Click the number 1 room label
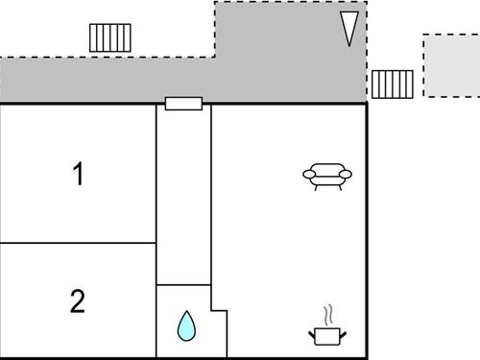click(78, 175)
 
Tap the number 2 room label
click(78, 301)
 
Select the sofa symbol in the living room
click(327, 175)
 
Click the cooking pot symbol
click(327, 335)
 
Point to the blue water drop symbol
click(184, 327)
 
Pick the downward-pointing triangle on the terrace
click(350, 29)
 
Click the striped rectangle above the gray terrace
click(109, 37)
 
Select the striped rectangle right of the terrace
click(393, 84)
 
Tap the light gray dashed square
click(450, 65)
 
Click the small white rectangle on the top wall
click(182, 104)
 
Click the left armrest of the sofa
click(309, 175)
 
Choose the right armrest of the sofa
click(346, 175)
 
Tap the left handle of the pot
click(312, 332)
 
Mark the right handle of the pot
click(343, 332)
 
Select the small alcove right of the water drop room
click(219, 332)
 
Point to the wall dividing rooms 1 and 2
click(78, 243)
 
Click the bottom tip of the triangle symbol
click(350, 45)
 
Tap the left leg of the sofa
click(316, 186)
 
